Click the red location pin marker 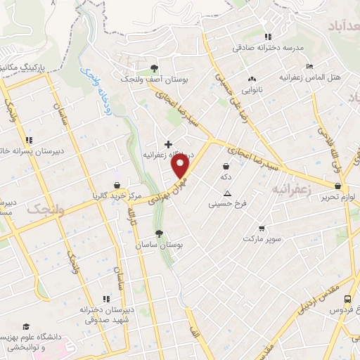click(x=181, y=167)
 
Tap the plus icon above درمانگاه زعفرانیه click(x=167, y=143)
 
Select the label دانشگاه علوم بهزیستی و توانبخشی click(x=37, y=342)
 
